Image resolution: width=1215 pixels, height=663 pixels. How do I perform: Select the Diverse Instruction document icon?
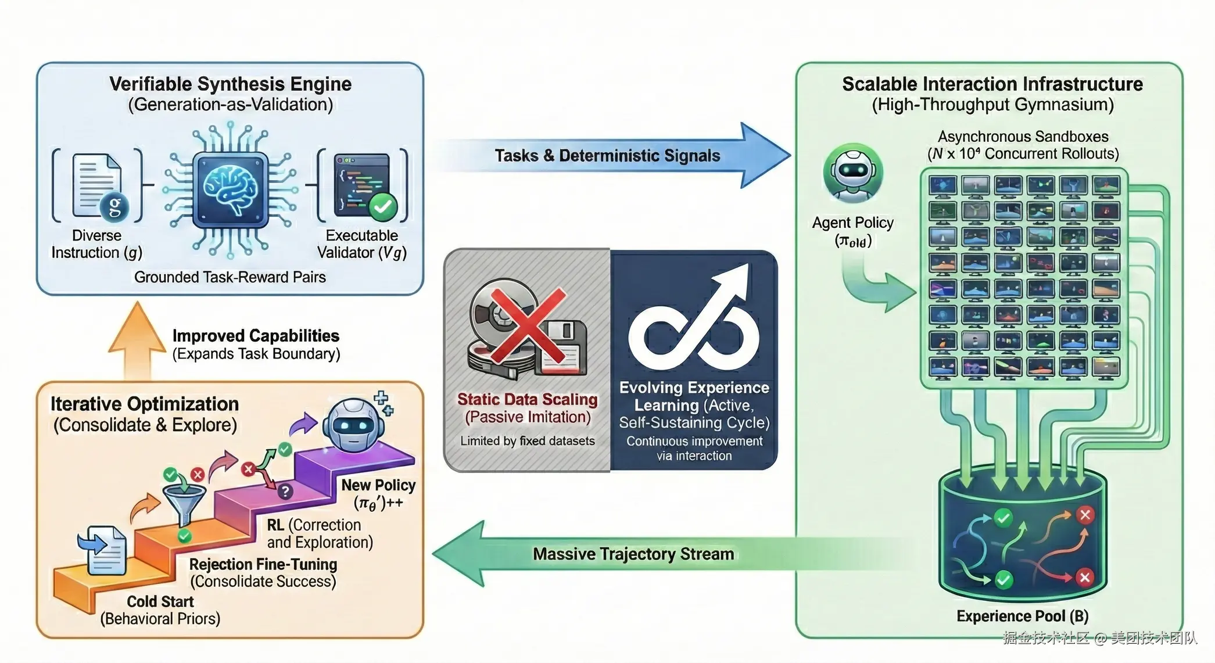coord(97,185)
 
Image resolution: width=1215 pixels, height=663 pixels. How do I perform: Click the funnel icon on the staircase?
coord(184,500)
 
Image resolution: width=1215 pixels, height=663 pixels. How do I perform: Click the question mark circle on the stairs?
coord(285,492)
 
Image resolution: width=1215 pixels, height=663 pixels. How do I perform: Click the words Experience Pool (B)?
coord(1022,616)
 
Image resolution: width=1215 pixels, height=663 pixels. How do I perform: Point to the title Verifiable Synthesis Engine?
coord(230,84)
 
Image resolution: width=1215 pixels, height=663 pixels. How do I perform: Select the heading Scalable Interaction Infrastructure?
coord(992,84)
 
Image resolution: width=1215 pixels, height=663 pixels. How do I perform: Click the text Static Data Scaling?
coord(527,399)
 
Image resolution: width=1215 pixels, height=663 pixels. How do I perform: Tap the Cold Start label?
coord(160,601)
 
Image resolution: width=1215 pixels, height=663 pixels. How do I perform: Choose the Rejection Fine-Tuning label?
coord(263,564)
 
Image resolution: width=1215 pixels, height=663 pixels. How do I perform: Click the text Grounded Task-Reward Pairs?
coord(230,277)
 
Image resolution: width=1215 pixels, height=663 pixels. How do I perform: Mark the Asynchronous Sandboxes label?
coord(1023,137)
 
